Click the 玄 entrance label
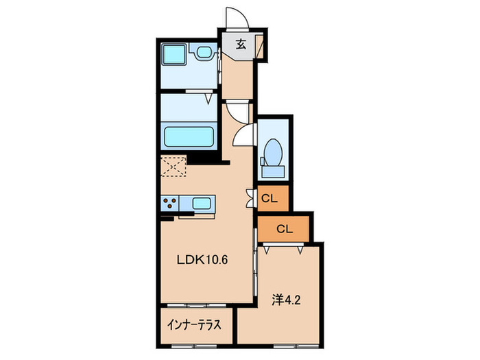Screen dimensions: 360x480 (x=241, y=45)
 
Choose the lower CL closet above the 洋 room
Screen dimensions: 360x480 (x=283, y=229)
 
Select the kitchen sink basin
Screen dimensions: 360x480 (x=202, y=203)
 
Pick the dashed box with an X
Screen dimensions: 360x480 (x=173, y=166)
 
